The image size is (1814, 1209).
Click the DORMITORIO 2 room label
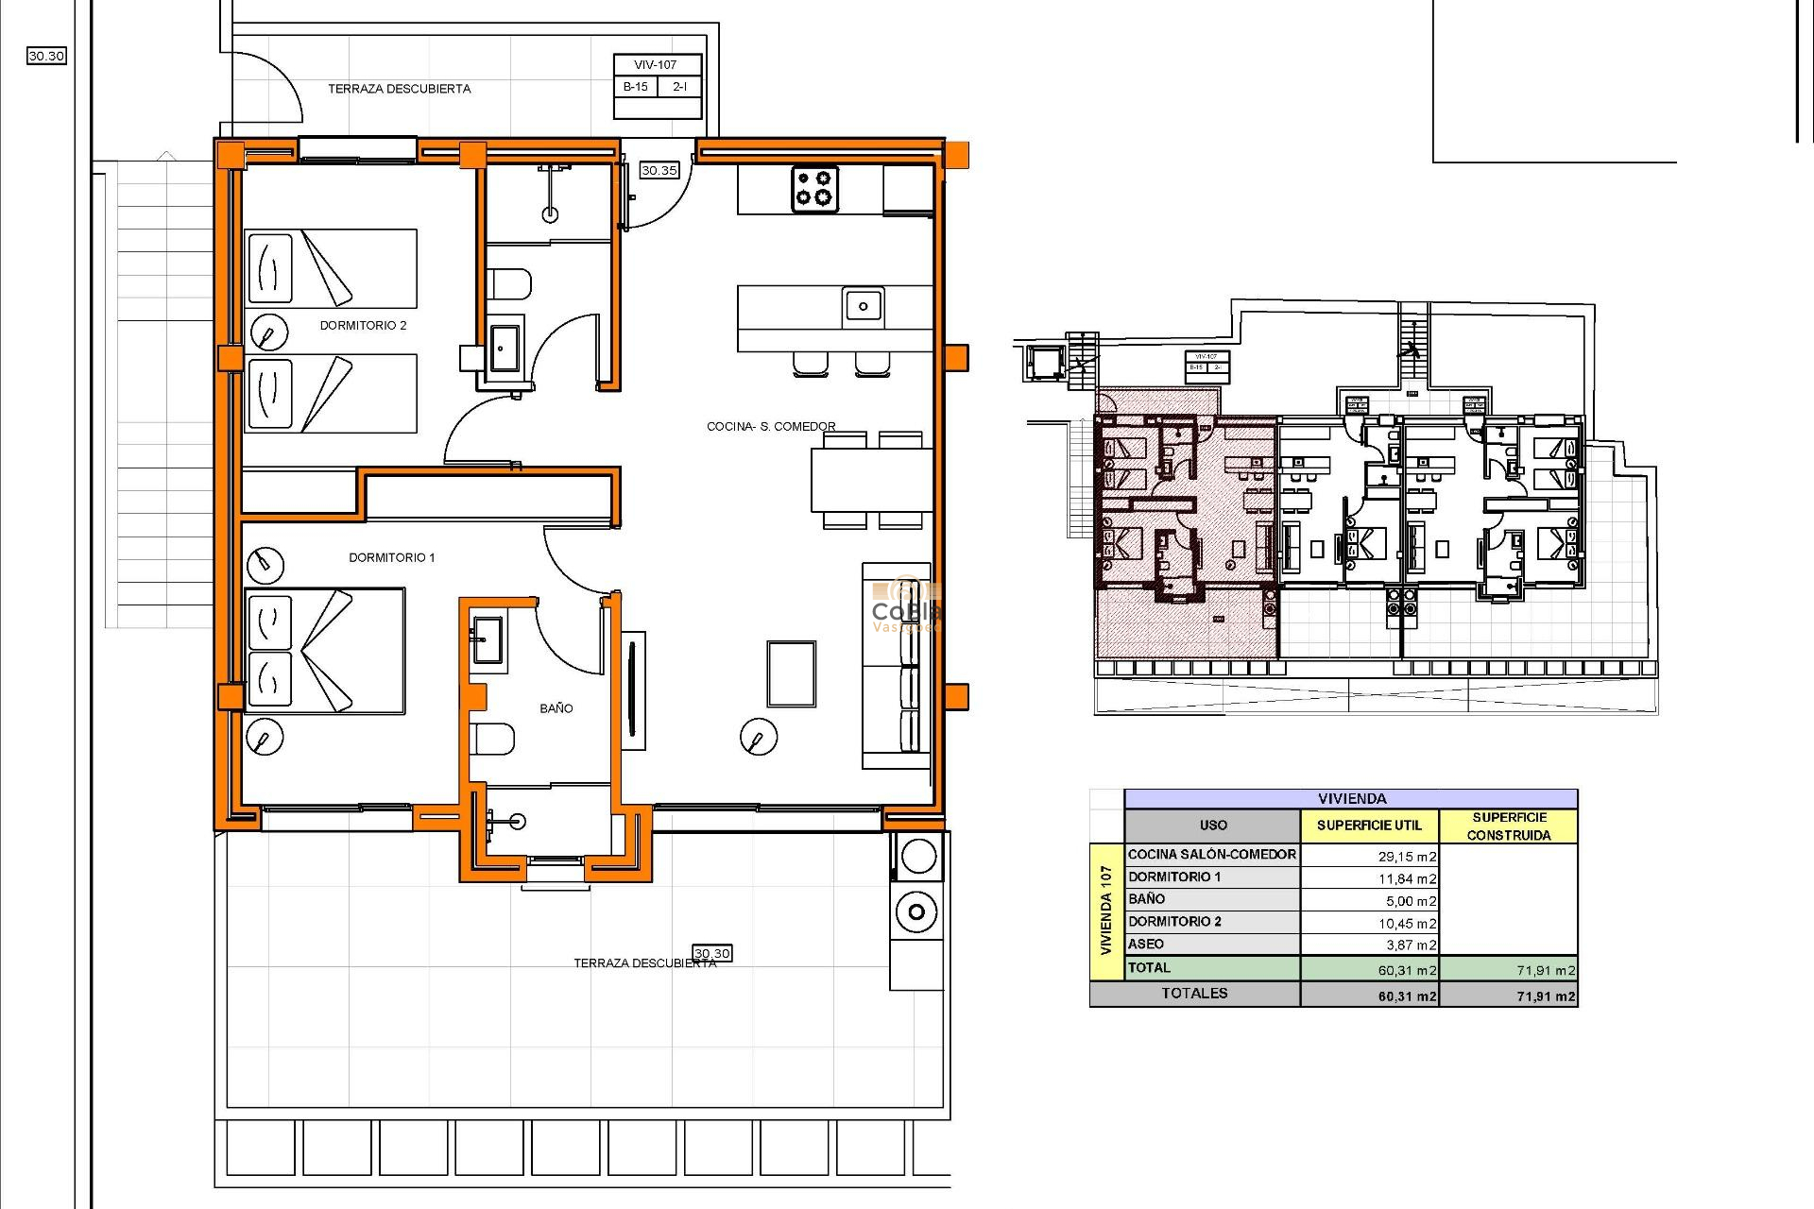[x=363, y=325]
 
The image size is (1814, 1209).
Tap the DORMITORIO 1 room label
[x=391, y=557]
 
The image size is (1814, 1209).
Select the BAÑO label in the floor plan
[x=556, y=707]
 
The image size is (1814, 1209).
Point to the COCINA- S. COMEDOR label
[x=771, y=426]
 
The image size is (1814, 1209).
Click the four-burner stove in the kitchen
[x=813, y=188]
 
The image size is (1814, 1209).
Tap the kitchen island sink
[x=862, y=306]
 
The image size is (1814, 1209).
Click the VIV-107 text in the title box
[x=656, y=65]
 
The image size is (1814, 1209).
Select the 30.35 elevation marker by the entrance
[x=659, y=170]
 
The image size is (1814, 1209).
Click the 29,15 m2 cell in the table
[x=1406, y=856]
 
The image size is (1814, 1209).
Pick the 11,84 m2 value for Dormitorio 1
[x=1406, y=878]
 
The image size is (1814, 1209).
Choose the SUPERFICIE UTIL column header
[x=1369, y=825]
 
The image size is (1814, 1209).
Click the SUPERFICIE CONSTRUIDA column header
[x=1509, y=826]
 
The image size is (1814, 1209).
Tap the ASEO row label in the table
[x=1145, y=944]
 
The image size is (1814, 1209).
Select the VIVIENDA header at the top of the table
[x=1351, y=798]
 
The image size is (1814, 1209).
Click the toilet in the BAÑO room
[x=493, y=739]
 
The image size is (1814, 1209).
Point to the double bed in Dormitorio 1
[x=325, y=651]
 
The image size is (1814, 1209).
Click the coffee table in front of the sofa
[x=791, y=673]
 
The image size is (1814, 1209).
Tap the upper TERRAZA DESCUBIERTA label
[x=399, y=89]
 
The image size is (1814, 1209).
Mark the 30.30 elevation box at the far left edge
[x=46, y=56]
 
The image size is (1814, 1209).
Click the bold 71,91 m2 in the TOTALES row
[x=1545, y=996]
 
